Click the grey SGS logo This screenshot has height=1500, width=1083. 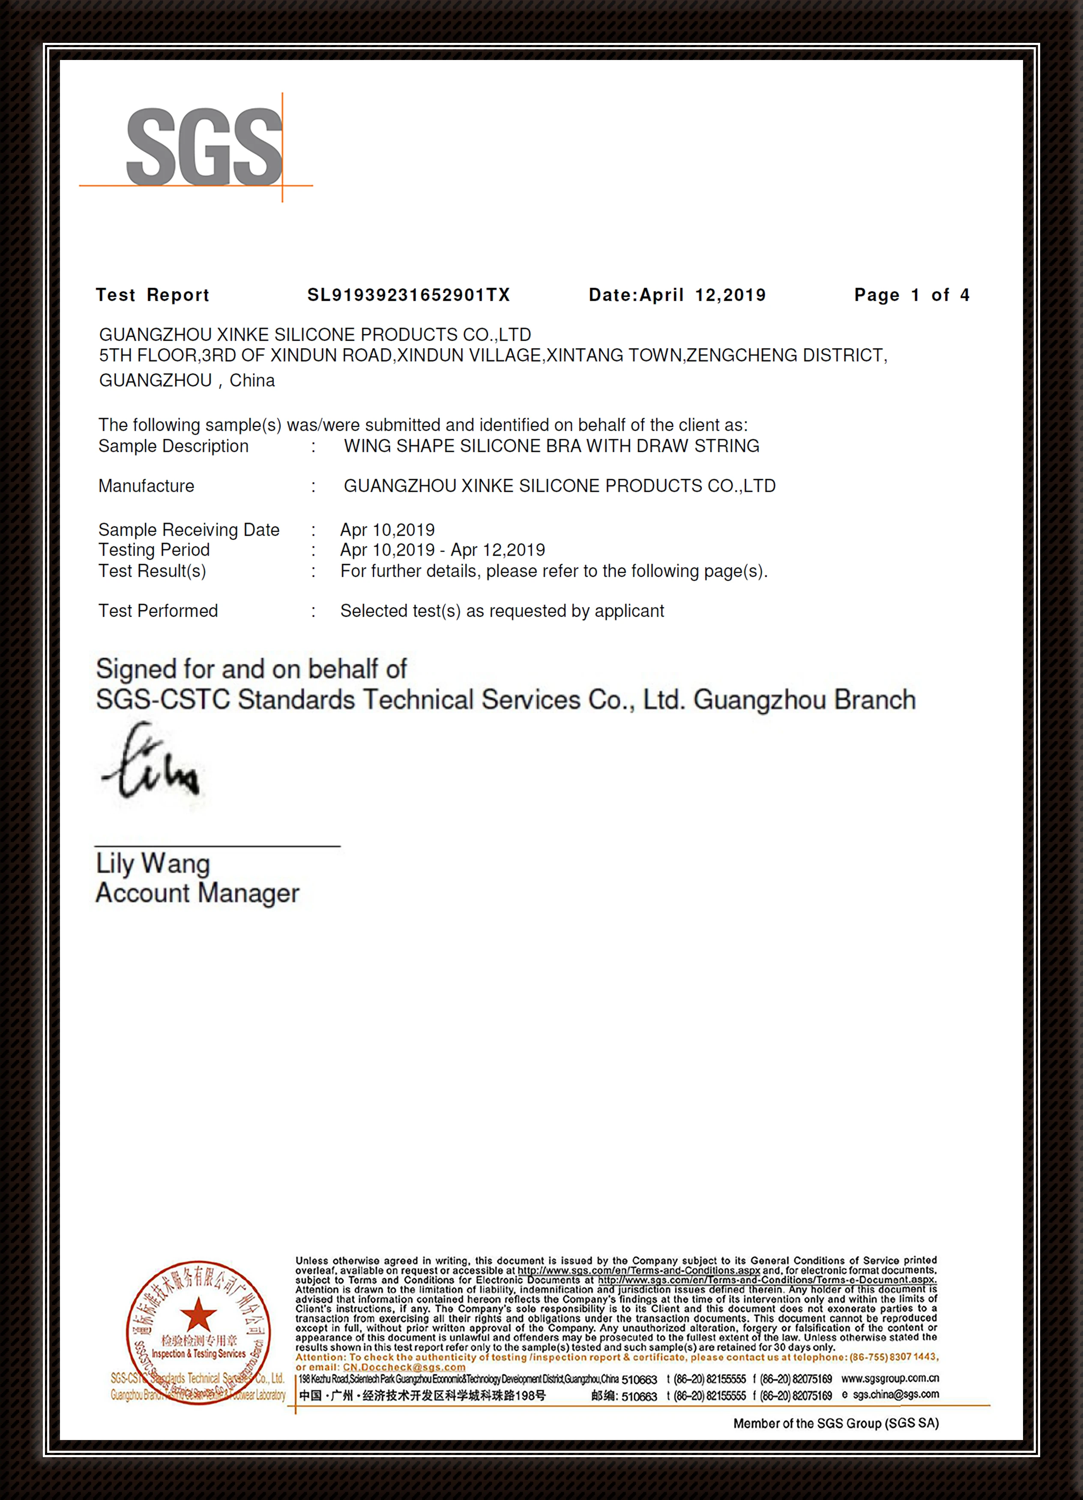click(x=203, y=147)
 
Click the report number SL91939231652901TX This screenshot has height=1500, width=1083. click(x=409, y=295)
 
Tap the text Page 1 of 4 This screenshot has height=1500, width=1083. click(x=912, y=295)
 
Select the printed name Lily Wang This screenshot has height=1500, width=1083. click(x=153, y=863)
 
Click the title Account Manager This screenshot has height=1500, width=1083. click(x=197, y=893)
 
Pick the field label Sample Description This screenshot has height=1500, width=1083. click(x=173, y=447)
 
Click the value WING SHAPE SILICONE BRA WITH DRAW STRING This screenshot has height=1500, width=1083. click(x=551, y=447)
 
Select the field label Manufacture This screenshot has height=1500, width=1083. click(x=146, y=486)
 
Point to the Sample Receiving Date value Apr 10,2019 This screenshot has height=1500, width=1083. click(x=387, y=530)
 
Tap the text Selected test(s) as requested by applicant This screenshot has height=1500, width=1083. click(x=502, y=611)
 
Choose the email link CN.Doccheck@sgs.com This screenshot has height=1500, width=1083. click(x=404, y=1367)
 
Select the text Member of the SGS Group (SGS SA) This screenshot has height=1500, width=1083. click(x=836, y=1423)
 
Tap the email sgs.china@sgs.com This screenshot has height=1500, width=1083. click(x=895, y=1394)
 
